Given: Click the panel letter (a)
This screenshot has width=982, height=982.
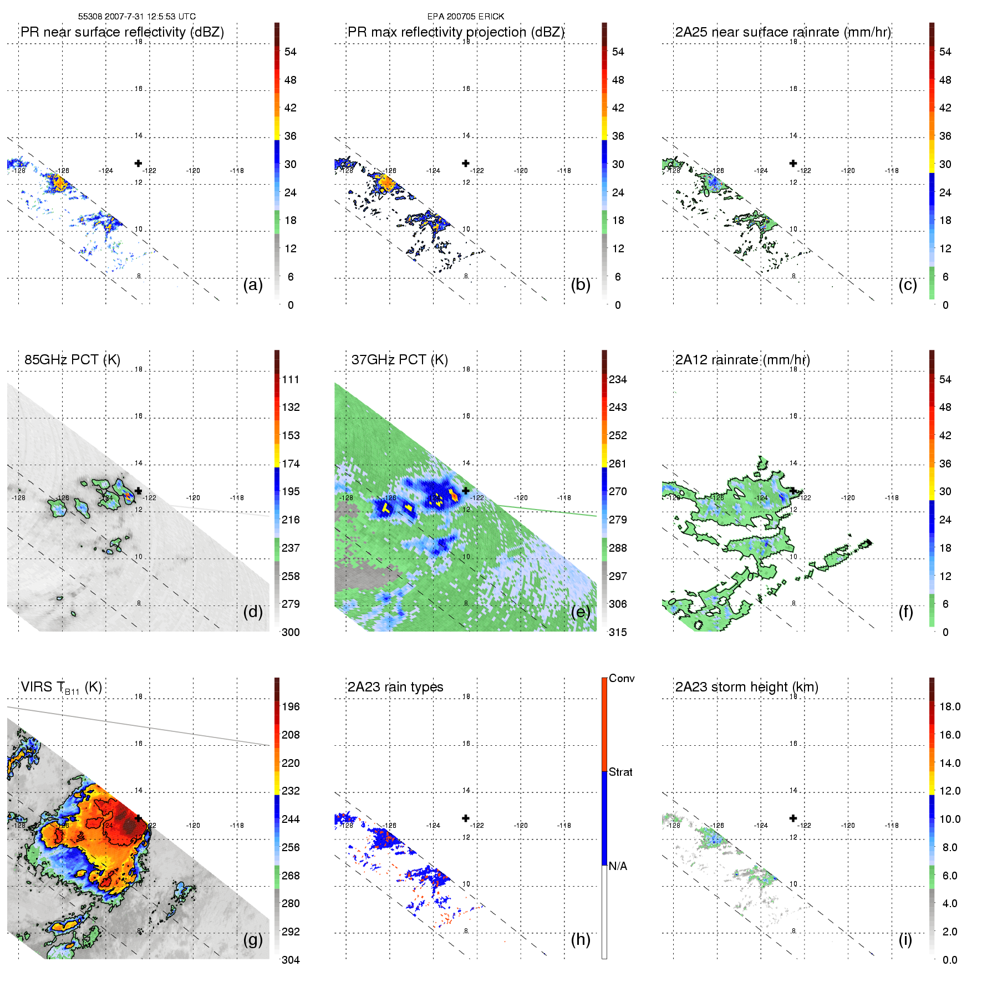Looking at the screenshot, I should coord(252,284).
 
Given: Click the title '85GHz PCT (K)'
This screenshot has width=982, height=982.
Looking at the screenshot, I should coord(72,359).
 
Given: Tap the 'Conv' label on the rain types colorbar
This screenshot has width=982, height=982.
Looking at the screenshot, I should coord(621,678).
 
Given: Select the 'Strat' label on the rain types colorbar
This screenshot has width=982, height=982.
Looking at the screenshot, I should coord(620,772).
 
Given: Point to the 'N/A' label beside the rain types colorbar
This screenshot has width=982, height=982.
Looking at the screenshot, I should coord(618,866).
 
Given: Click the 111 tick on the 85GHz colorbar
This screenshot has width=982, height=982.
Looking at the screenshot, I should coord(291,379).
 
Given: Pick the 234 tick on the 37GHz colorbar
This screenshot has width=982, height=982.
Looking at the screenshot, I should coord(618,379).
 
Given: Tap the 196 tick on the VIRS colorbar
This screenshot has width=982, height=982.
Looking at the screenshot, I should coord(291,706).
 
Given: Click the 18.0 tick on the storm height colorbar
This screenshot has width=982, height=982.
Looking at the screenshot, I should coord(949,706).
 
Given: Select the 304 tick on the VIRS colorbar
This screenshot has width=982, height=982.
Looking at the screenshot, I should coord(291,960).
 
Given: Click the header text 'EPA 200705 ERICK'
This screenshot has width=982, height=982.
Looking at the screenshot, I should coord(466,17).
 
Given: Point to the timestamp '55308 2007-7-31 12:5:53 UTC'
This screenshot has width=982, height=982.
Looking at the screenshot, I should coord(137,17).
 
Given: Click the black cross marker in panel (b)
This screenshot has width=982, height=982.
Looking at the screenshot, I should coord(466,163).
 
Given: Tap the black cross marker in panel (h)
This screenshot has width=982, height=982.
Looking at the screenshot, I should coord(466,818).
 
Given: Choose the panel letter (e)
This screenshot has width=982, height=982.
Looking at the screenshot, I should coord(580,612).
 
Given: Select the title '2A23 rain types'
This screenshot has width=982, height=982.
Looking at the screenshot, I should coord(395,687).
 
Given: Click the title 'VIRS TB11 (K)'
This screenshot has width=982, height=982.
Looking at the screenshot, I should coord(61,688).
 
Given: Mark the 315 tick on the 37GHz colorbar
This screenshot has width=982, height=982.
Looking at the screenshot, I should coord(618,632).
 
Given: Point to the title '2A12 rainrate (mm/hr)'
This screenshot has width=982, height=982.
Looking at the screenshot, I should coord(742,359).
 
